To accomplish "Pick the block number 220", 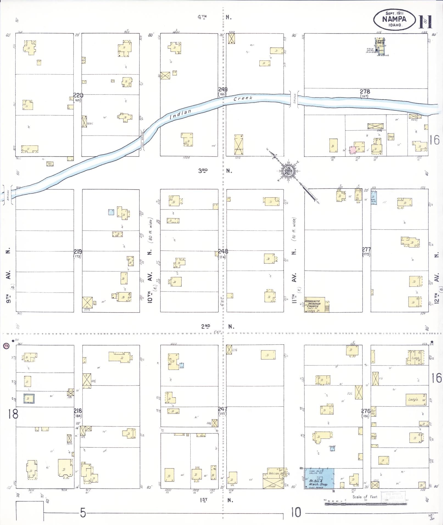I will [x=78, y=96].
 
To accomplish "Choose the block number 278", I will [x=365, y=92].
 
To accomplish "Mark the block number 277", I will [x=366, y=249].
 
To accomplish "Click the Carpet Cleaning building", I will [x=380, y=42].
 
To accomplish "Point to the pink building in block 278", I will [x=353, y=150].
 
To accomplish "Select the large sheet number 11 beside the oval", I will [x=425, y=22].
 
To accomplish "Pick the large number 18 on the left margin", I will [x=13, y=414].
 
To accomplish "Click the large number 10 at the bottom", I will [x=296, y=512].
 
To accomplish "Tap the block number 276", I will [x=366, y=411].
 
